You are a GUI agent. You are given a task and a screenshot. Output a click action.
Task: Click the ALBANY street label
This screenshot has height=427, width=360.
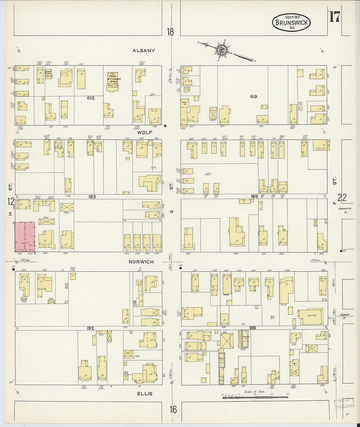[x=144, y=51]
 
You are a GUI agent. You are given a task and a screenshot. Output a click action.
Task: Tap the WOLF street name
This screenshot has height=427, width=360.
[x=144, y=133]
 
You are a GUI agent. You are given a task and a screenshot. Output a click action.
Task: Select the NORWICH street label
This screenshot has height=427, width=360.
[x=141, y=262]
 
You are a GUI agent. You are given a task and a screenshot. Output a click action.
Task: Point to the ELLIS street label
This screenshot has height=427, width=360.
[x=145, y=394]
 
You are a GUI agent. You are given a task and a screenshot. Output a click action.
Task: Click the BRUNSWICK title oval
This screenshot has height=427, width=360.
[x=291, y=22]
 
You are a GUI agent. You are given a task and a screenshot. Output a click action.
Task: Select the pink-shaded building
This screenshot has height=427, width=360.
[x=25, y=237]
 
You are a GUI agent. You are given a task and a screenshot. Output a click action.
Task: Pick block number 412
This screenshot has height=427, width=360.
[x=91, y=98]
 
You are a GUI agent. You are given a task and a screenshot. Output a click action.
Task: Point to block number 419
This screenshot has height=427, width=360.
[x=253, y=97]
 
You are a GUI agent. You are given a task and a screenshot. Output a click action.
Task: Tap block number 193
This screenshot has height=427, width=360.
[x=92, y=197]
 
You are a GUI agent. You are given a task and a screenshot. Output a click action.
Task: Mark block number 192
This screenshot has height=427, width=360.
[x=91, y=328]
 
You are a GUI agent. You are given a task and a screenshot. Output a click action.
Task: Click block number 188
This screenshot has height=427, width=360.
[x=252, y=328]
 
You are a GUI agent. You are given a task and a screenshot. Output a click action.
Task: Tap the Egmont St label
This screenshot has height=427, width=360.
[x=345, y=315]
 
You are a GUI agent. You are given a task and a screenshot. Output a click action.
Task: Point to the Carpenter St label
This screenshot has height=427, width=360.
[x=345, y=210]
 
